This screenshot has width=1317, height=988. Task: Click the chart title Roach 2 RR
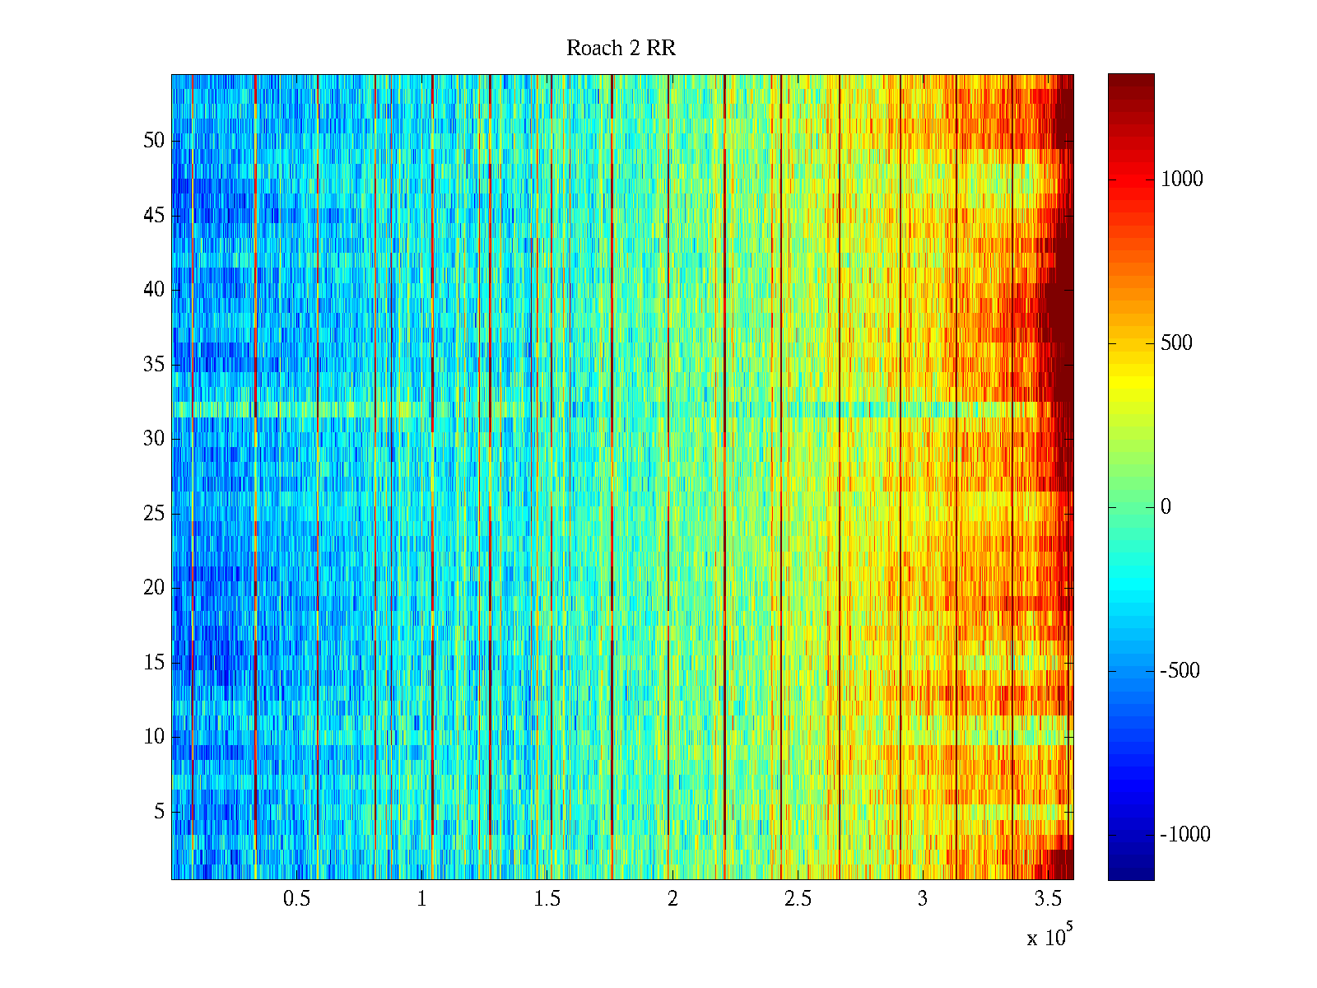click(621, 49)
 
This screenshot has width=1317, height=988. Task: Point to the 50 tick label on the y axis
click(154, 141)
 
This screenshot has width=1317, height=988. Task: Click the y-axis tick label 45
click(154, 216)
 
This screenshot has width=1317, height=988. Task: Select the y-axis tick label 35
click(154, 365)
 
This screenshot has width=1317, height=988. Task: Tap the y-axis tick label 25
click(154, 514)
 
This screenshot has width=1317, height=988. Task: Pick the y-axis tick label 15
click(154, 663)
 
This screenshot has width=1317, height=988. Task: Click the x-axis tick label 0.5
click(296, 899)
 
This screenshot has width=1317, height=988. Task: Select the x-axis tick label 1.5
click(547, 899)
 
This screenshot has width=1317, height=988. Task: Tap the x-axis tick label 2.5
click(798, 899)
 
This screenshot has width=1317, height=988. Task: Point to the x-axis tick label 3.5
click(1048, 899)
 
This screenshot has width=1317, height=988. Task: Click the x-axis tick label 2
click(672, 899)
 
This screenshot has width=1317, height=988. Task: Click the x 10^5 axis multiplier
click(1049, 936)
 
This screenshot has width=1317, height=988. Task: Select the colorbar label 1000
click(1181, 179)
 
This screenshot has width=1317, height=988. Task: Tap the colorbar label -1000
click(1185, 835)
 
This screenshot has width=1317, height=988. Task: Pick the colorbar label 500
click(1176, 343)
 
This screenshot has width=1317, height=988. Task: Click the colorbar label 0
click(1166, 507)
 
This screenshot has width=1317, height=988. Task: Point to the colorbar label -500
click(1180, 671)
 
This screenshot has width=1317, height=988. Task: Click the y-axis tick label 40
click(154, 290)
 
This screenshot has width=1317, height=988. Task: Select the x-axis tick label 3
click(923, 899)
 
